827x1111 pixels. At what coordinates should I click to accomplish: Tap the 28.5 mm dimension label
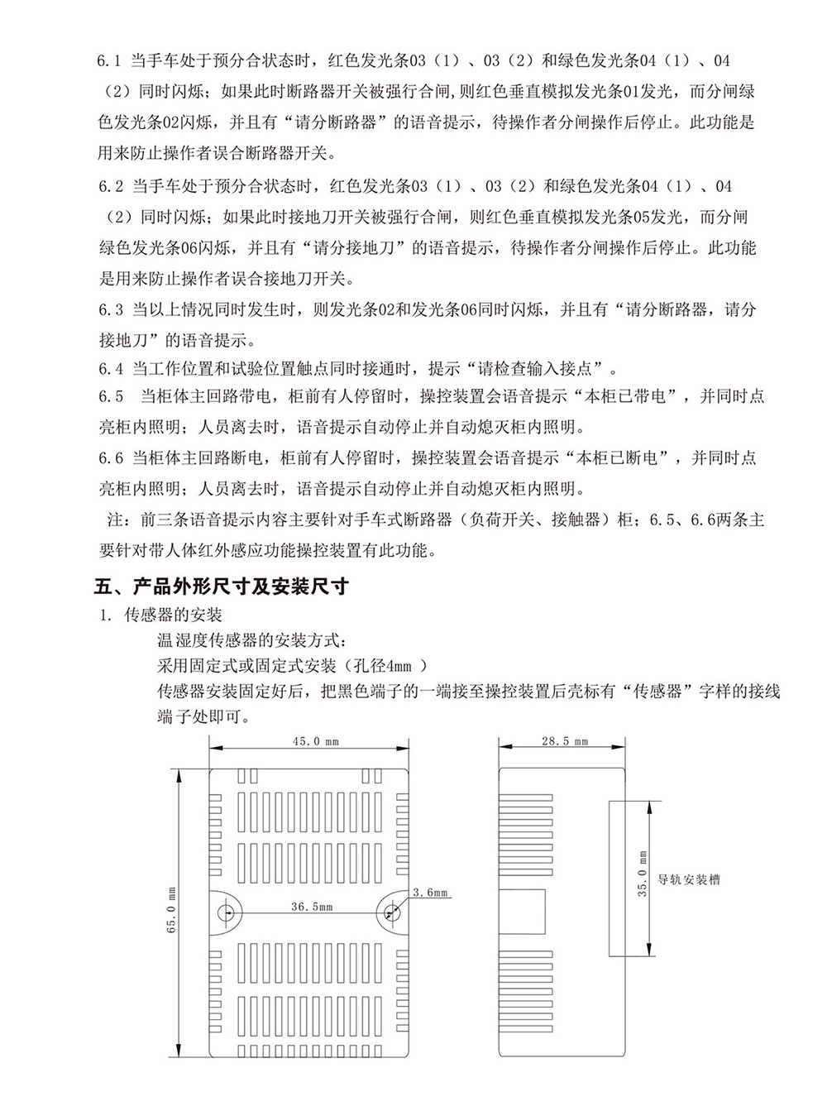click(565, 741)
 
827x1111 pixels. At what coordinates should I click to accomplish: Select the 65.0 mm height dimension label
click(171, 912)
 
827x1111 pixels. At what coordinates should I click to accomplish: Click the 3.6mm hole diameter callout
click(429, 893)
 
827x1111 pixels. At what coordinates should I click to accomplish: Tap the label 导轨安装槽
click(688, 879)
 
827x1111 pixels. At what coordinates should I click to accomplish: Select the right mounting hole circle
click(390, 912)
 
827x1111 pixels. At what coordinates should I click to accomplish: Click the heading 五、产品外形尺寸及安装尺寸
click(222, 587)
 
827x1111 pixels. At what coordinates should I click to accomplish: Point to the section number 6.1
click(110, 62)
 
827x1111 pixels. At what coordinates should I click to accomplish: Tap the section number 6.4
click(110, 368)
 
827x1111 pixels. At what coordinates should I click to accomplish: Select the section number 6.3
click(110, 310)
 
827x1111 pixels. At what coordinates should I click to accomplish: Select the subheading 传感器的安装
click(172, 615)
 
